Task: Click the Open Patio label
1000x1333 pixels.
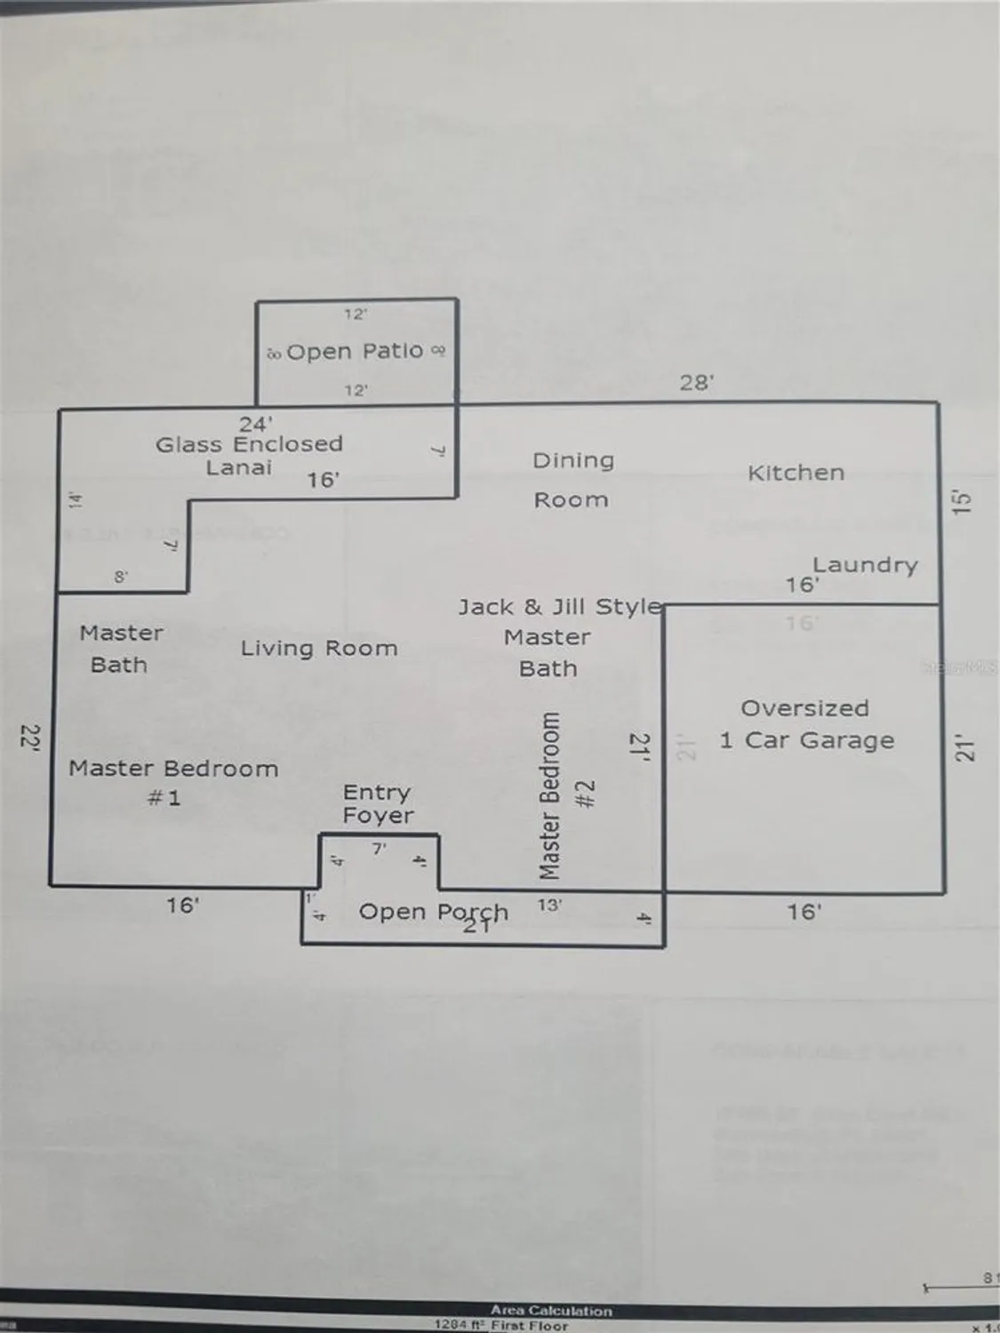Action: click(355, 352)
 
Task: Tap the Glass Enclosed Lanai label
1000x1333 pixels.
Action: click(248, 456)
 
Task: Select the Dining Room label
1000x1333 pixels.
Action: click(572, 480)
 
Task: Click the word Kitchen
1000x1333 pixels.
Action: click(796, 473)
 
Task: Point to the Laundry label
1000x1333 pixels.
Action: click(864, 565)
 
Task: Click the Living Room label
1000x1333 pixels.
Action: click(318, 649)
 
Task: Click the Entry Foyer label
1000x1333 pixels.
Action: click(378, 803)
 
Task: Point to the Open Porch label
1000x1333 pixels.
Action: click(433, 912)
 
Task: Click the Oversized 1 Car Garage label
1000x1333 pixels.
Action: click(805, 724)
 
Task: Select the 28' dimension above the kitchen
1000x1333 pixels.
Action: click(697, 382)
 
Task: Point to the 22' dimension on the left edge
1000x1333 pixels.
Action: click(30, 738)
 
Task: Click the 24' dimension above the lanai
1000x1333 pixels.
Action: click(255, 424)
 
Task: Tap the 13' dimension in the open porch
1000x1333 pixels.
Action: click(549, 906)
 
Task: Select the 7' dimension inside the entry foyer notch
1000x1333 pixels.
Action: click(379, 849)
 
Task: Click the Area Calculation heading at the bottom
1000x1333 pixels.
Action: click(551, 1310)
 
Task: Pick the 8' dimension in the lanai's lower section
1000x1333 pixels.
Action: click(121, 577)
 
